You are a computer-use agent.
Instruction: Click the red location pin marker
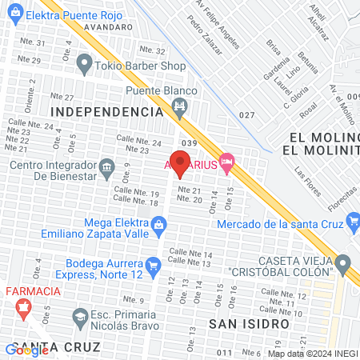coord(180,164)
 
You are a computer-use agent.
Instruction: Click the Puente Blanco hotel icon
coord(181,106)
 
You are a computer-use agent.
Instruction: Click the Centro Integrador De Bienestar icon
coord(106,167)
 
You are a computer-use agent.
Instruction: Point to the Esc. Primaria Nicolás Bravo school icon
coord(80,318)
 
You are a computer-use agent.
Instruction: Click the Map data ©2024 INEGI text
coord(312,354)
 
